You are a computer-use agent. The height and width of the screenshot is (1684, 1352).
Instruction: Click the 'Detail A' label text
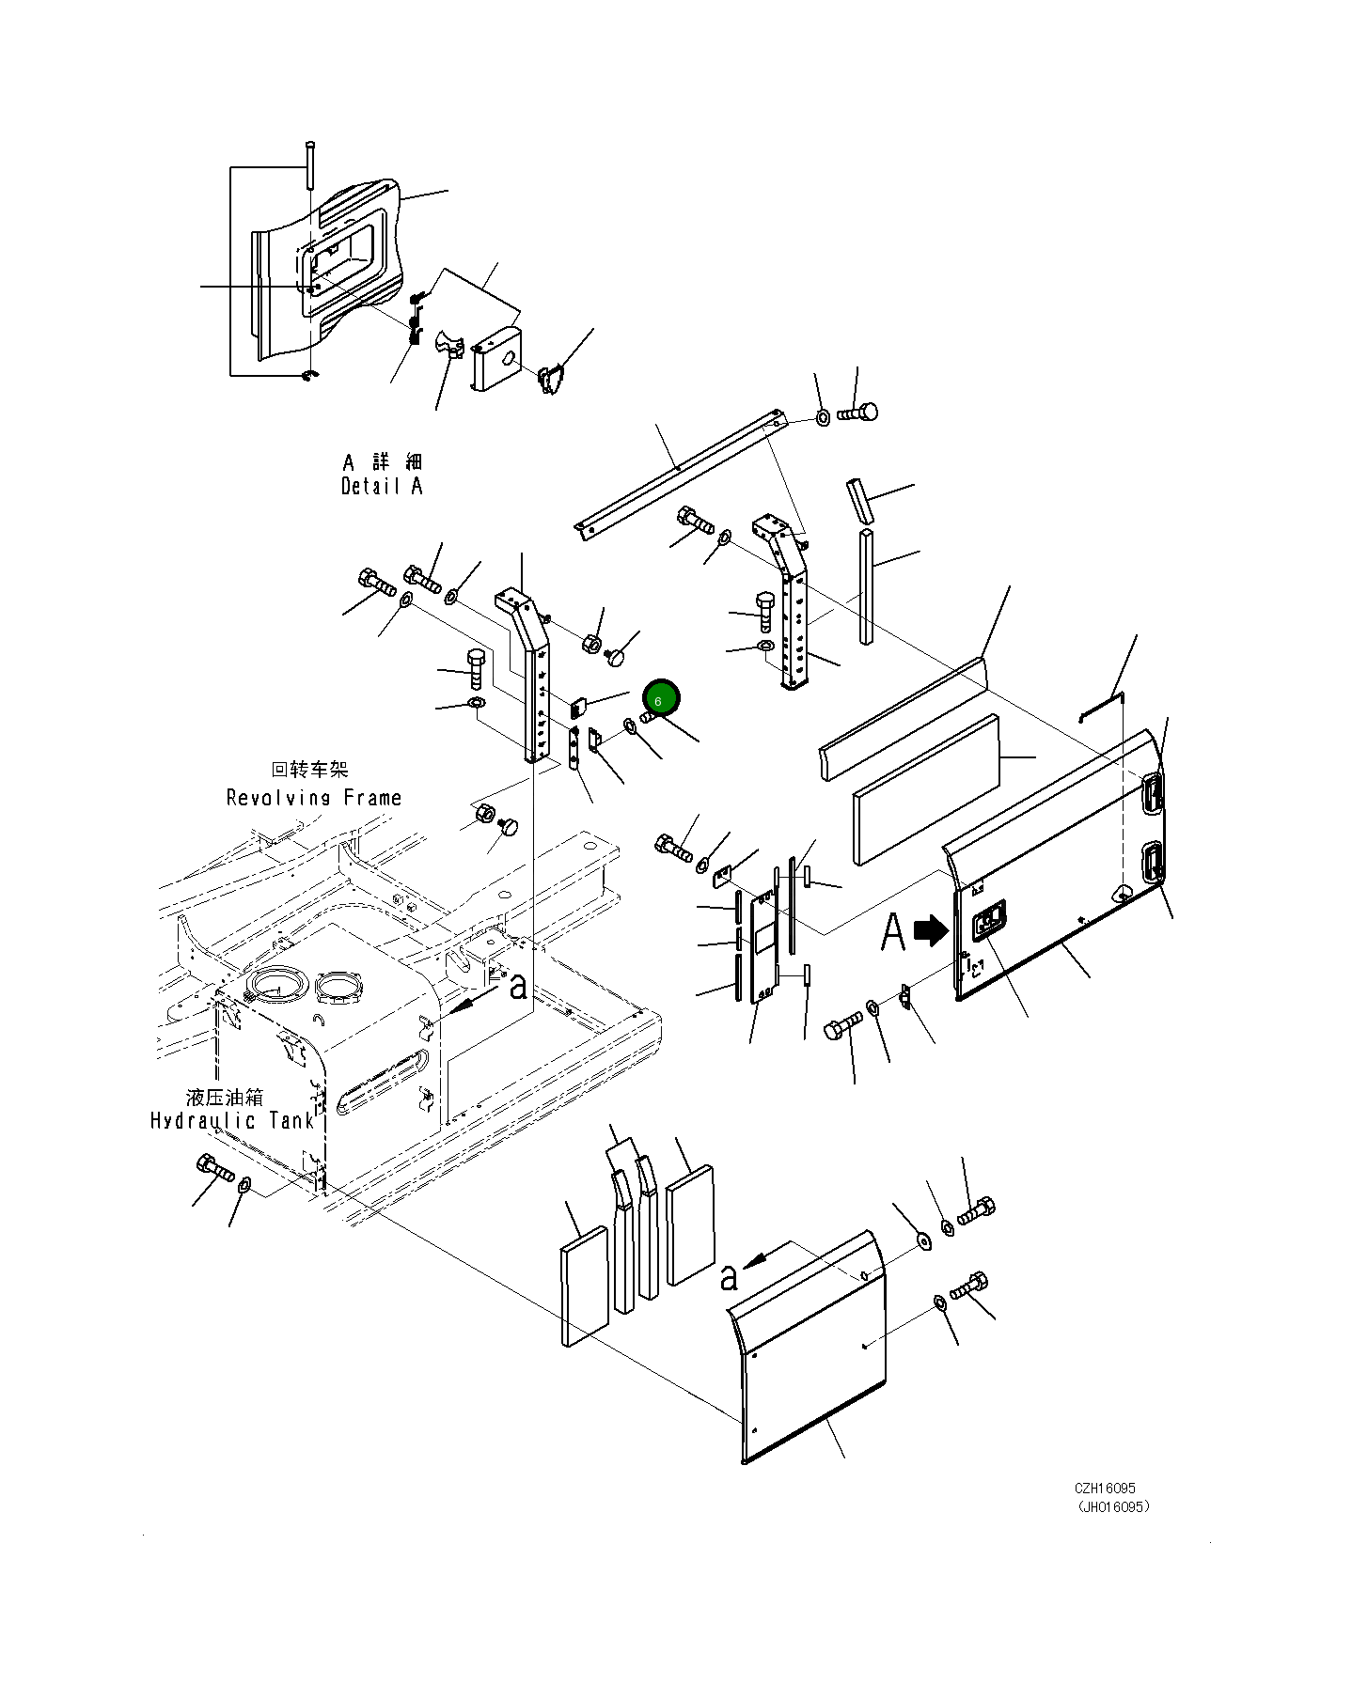click(381, 487)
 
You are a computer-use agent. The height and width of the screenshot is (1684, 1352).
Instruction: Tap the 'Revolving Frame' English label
click(314, 798)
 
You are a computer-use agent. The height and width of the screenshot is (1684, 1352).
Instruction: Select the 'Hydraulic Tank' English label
click(232, 1121)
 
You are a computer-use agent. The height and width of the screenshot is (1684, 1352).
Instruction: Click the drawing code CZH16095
click(1105, 1489)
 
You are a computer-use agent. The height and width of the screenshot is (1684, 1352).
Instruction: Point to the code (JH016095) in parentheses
click(1113, 1507)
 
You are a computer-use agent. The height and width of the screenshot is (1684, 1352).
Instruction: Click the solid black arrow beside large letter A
click(931, 930)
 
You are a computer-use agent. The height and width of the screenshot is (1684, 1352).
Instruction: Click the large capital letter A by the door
click(893, 932)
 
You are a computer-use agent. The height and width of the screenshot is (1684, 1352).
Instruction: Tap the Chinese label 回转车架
click(309, 770)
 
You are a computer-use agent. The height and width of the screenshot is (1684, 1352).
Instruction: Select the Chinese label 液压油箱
click(225, 1097)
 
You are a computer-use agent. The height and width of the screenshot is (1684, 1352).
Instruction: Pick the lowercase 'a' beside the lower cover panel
click(729, 1277)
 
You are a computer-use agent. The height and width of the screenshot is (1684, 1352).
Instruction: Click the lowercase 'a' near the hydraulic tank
click(518, 987)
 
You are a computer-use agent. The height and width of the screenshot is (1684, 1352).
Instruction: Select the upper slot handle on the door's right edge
click(1153, 792)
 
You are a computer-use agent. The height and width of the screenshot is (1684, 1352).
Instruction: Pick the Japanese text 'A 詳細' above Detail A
click(382, 462)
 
